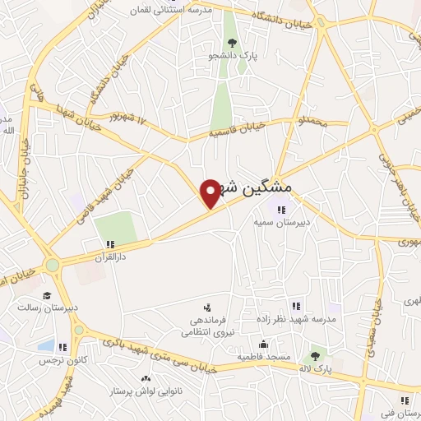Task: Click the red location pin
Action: (x=211, y=192)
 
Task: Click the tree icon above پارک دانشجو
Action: (x=232, y=43)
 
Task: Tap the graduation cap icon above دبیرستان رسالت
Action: (x=47, y=295)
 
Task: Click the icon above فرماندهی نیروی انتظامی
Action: (x=206, y=308)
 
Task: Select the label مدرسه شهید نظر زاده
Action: (x=303, y=318)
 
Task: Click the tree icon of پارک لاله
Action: (x=314, y=357)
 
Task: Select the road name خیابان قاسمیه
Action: (x=239, y=129)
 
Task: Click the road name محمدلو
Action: (x=312, y=123)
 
